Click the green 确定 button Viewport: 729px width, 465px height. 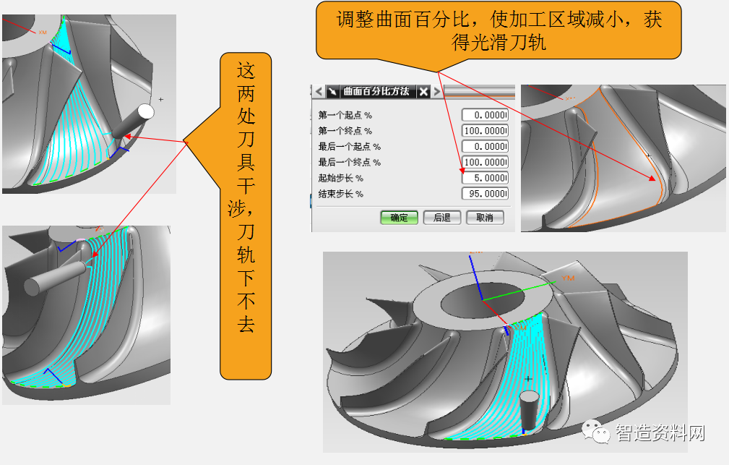(399, 217)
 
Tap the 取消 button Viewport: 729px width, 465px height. (484, 217)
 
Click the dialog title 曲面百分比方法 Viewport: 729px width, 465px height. (376, 91)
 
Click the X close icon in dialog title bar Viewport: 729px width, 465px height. (424, 91)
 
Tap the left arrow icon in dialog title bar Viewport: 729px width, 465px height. (319, 91)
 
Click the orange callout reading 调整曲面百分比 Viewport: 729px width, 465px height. (499, 30)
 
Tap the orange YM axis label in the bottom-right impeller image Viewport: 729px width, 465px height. (568, 278)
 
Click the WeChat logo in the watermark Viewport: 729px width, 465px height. (599, 432)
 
